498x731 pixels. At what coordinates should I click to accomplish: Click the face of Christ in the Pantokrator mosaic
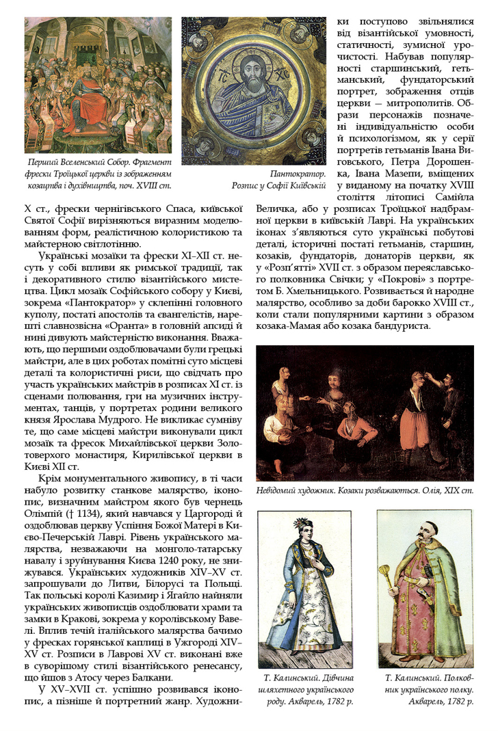(x=254, y=69)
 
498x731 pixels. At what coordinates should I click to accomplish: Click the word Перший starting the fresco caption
(x=43, y=163)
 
